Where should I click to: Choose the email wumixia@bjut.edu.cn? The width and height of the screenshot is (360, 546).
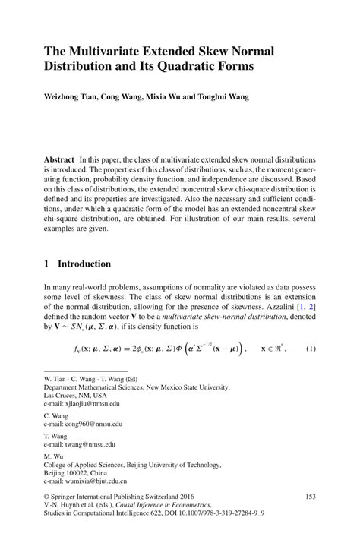tap(96, 481)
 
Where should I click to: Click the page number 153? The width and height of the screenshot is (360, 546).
tap(310, 496)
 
